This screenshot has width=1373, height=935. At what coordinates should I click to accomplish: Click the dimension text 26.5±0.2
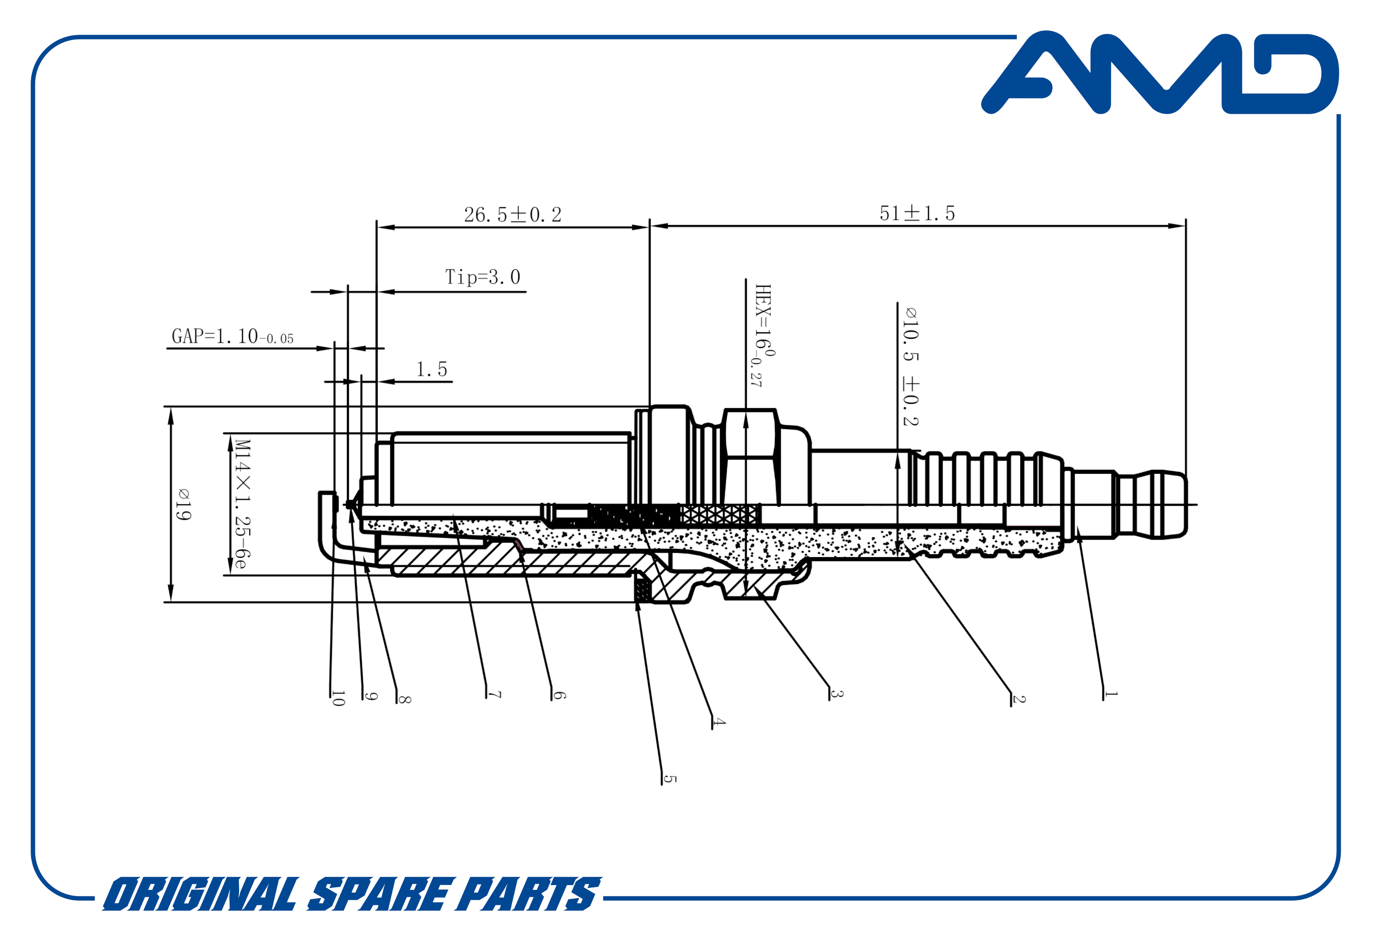pyautogui.click(x=512, y=214)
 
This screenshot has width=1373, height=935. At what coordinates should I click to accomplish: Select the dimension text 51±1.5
pyautogui.click(x=917, y=213)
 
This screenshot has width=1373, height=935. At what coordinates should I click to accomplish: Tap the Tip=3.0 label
pyautogui.click(x=482, y=277)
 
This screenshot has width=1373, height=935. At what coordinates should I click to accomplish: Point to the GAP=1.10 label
pyautogui.click(x=232, y=337)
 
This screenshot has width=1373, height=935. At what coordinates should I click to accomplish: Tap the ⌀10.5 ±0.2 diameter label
pyautogui.click(x=911, y=366)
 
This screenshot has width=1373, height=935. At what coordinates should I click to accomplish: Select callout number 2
pyautogui.click(x=1019, y=699)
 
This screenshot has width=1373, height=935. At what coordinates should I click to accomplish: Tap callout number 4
pyautogui.click(x=718, y=722)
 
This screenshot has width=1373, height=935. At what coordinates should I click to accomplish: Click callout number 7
pyautogui.click(x=494, y=695)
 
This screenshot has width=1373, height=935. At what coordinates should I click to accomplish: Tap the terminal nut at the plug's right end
pyautogui.click(x=1152, y=505)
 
